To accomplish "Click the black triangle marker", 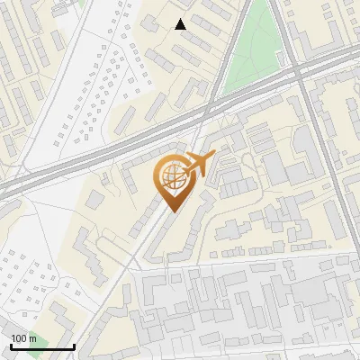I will tap(180, 24).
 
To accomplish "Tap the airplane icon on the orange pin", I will tap(197, 165).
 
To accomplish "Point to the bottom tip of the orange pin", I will tap(171, 211).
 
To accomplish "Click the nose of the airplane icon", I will tap(213, 157).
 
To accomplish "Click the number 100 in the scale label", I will tap(19, 338).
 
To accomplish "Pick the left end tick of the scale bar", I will tap(11, 346).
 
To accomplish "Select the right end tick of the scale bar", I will tap(74, 346).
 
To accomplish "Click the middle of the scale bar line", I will tap(42, 347).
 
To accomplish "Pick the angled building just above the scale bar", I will tap(62, 315).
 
